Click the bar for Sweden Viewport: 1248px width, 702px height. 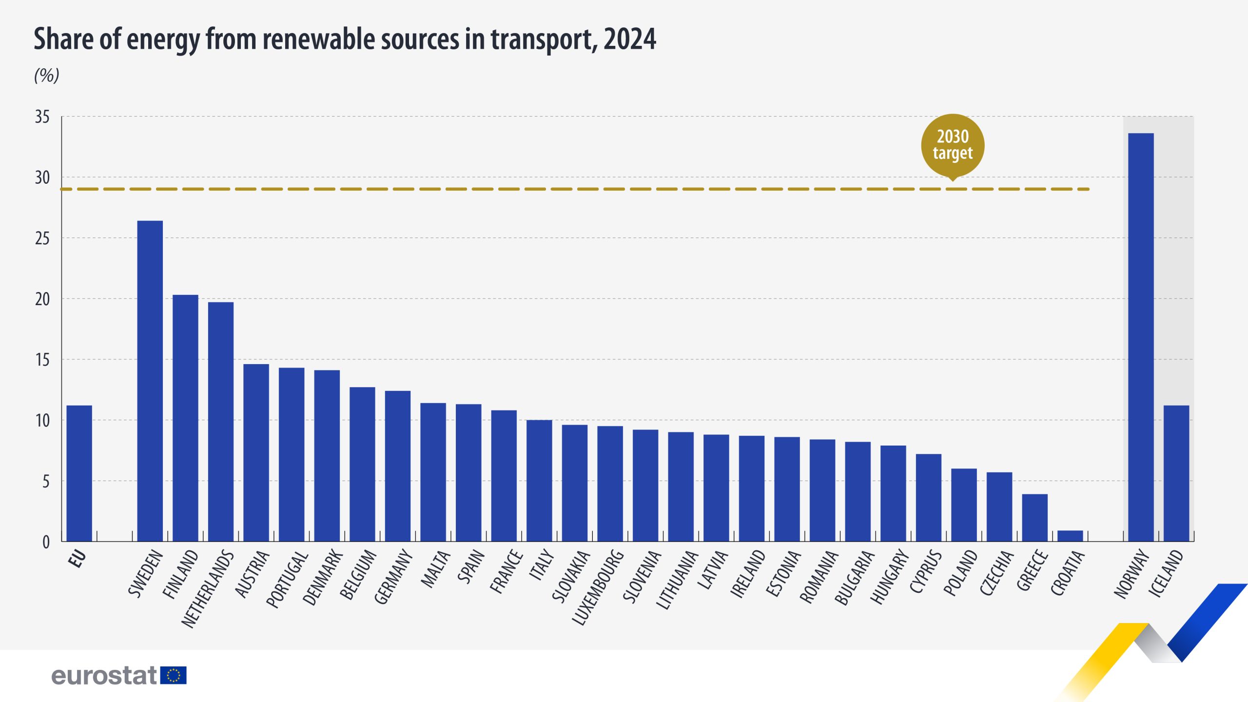(150, 380)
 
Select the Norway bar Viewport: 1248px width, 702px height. (1141, 336)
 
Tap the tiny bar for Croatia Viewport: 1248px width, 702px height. (1070, 536)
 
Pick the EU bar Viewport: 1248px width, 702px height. (79, 473)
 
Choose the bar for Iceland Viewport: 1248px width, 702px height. (1176, 473)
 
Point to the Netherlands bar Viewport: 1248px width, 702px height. (220, 422)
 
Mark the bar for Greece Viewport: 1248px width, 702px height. (1034, 518)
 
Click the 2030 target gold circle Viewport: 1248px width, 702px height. (953, 145)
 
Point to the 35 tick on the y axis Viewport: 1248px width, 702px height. (42, 117)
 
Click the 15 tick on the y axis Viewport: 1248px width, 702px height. (42, 360)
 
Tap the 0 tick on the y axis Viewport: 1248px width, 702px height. (46, 542)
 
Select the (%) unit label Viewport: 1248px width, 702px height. (46, 76)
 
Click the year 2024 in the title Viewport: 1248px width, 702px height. (630, 39)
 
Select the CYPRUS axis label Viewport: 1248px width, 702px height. (925, 571)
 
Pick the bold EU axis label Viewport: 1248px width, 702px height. (77, 559)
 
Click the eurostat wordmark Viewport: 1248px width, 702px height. (104, 676)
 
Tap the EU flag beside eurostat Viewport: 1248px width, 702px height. (173, 676)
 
